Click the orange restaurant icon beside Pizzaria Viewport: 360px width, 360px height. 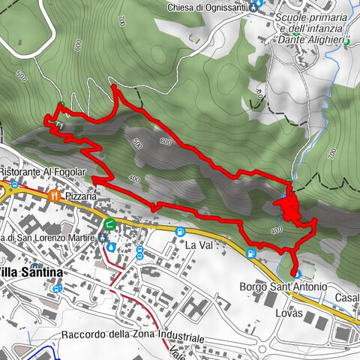(53, 195)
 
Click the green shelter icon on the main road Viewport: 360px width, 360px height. (110, 223)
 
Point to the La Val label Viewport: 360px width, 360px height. (200, 245)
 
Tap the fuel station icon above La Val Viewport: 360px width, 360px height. (180, 232)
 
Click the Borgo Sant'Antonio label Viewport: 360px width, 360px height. (283, 287)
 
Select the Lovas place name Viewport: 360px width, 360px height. (289, 313)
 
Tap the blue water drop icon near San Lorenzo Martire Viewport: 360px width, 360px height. (111, 245)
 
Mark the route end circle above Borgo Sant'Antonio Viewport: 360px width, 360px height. (295, 273)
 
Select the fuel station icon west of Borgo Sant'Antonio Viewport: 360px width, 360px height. (251, 253)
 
